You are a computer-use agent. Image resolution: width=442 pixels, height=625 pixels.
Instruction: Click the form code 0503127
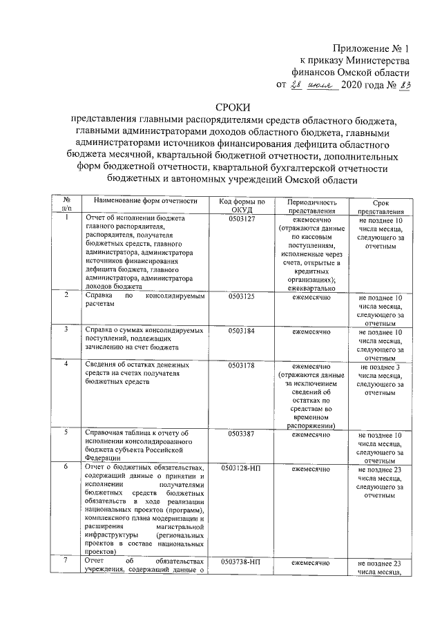pos(242,218)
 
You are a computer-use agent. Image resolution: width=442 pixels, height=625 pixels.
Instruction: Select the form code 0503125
pos(242,297)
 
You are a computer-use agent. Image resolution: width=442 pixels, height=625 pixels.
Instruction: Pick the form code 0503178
pos(242,366)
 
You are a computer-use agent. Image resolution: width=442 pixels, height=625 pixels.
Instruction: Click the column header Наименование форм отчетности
pos(142,201)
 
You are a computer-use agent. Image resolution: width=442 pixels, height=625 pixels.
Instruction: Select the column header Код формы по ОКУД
pos(242,205)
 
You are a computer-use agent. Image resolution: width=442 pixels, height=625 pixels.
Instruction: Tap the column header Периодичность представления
pos(312,205)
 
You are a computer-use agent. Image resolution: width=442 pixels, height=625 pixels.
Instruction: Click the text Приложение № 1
pos(371,48)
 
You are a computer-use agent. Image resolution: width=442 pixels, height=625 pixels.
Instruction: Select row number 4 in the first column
pos(66,364)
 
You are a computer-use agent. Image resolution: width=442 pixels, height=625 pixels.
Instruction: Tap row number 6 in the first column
pos(66,468)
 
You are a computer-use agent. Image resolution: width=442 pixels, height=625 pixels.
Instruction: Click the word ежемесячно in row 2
pos(312,297)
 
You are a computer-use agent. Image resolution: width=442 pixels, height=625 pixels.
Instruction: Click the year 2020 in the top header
pos(355,86)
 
